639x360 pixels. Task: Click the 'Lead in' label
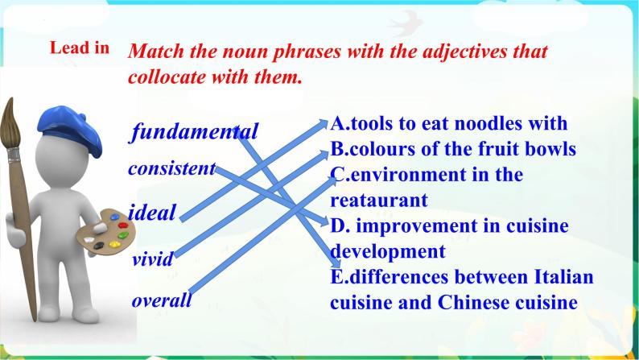point(79,48)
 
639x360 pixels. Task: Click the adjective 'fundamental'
point(196,131)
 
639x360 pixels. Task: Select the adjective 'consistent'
point(171,169)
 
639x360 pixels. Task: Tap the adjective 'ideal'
point(152,213)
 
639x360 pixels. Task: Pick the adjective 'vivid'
point(152,259)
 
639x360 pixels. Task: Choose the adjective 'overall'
point(162,301)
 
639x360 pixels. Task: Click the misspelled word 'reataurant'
point(378,199)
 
